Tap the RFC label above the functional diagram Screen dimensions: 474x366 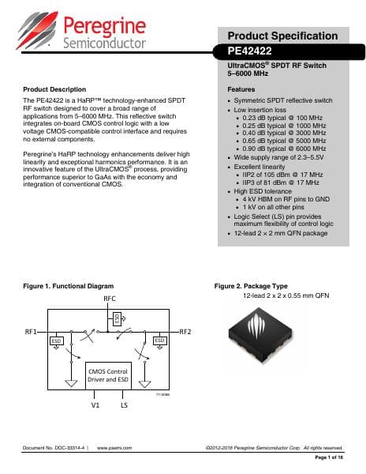[x=110, y=299]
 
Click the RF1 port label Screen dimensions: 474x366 [x=32, y=332]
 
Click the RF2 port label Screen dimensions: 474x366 [x=187, y=332]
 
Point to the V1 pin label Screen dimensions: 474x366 [x=95, y=406]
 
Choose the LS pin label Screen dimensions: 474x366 [x=125, y=406]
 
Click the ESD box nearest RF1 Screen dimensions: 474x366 [x=57, y=340]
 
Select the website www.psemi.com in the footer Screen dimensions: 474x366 [x=114, y=448]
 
